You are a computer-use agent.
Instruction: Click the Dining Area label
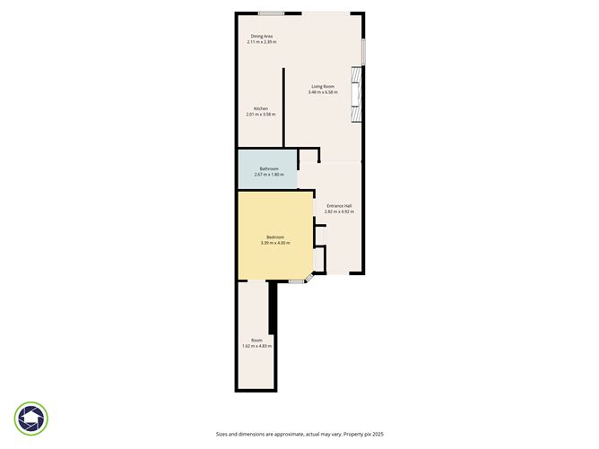pos(262,37)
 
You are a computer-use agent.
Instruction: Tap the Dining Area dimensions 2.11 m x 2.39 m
pos(262,42)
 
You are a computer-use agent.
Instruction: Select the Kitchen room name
pos(261,108)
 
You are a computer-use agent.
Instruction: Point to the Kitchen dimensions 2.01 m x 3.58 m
pos(261,115)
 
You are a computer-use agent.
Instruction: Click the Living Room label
pos(323,86)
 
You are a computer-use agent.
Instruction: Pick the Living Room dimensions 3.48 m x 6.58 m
pos(323,92)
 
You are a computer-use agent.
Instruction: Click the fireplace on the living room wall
pos(358,99)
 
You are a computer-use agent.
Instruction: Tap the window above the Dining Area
pos(272,13)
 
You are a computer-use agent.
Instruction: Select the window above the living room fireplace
pos(362,51)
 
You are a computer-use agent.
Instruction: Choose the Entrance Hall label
pos(339,205)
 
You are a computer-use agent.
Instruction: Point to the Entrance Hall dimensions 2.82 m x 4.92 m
pos(339,212)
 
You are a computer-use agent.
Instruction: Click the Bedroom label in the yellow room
pos(275,237)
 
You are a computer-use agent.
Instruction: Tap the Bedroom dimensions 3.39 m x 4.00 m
pos(275,243)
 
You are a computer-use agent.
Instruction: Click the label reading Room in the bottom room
pos(256,340)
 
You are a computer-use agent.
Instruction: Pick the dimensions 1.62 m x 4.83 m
pos(256,346)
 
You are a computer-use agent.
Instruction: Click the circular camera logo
pos(31,419)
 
